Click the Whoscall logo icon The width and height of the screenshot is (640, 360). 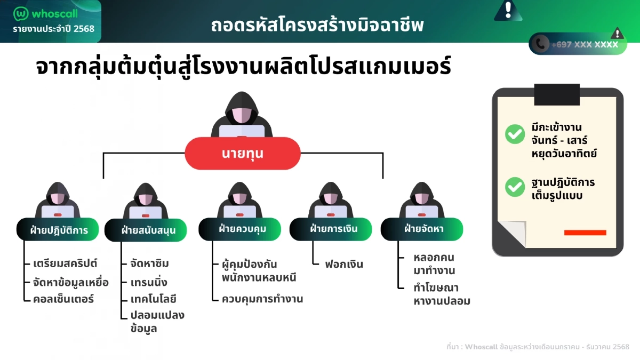pos(21,13)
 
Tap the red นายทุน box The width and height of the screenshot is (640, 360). pos(243,154)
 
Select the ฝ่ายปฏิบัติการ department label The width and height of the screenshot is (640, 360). pos(59,230)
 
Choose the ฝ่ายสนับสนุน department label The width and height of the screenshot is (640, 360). pos(147,230)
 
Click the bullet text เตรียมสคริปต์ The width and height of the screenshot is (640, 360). pos(65,264)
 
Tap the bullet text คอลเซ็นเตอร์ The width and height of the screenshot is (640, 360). pos(63,299)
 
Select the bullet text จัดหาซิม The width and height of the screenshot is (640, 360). pos(150,264)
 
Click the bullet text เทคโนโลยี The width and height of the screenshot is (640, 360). pos(154,299)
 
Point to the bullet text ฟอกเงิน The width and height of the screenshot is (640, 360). pos(344,264)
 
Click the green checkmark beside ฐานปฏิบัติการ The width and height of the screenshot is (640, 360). pos(515,187)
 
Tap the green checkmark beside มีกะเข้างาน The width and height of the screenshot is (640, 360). pos(515,134)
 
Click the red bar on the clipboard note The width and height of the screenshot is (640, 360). pos(585,233)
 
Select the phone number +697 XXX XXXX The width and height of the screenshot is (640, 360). pos(585,45)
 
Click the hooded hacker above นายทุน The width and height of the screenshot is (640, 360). pos(242,115)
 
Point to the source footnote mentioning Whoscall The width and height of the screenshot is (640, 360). pos(538,347)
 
